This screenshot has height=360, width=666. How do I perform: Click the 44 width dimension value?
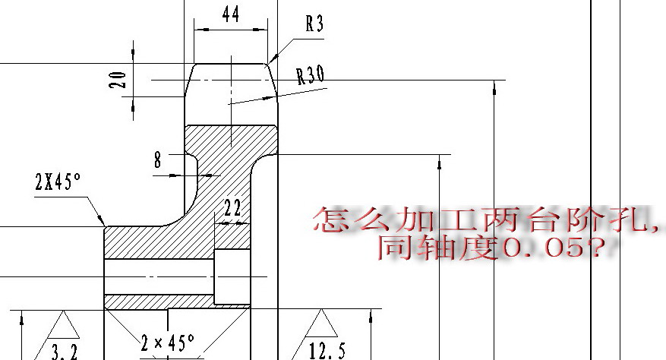231,14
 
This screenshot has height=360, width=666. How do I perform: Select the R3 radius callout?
314,24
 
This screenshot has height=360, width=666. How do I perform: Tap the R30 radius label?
311,74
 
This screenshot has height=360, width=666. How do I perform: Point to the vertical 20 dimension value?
118,80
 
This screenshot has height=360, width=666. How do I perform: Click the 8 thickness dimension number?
158,160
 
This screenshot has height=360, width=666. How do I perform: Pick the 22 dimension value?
232,208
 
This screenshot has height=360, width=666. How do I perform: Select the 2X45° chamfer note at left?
58,182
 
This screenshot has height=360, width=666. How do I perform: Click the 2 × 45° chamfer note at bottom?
168,342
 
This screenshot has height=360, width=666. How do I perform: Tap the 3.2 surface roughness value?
65,352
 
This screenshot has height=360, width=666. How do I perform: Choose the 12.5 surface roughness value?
327,351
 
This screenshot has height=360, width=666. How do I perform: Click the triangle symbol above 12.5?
321,324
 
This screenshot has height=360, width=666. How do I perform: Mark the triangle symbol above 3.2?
63,325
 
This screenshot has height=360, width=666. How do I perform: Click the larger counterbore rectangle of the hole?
232,276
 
